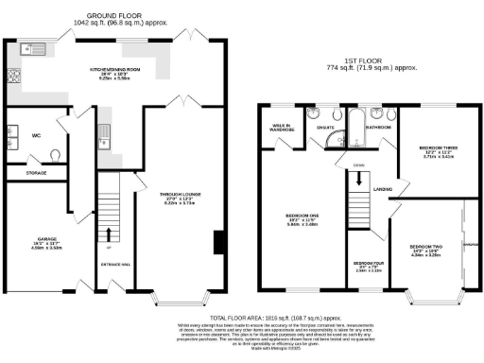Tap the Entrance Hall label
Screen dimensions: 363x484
click(x=113, y=264)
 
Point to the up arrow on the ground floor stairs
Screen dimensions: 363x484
click(x=112, y=234)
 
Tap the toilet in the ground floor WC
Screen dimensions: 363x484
click(x=55, y=155)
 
